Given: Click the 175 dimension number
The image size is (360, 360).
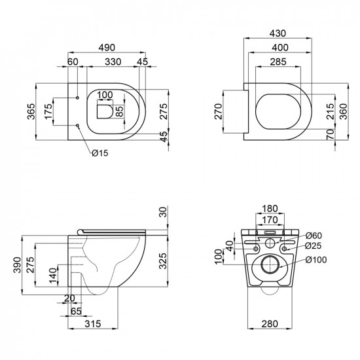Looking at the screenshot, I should point(48,111).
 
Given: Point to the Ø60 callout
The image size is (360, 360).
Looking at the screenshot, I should point(314,235).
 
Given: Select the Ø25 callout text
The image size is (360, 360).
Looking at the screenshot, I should point(314,245).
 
